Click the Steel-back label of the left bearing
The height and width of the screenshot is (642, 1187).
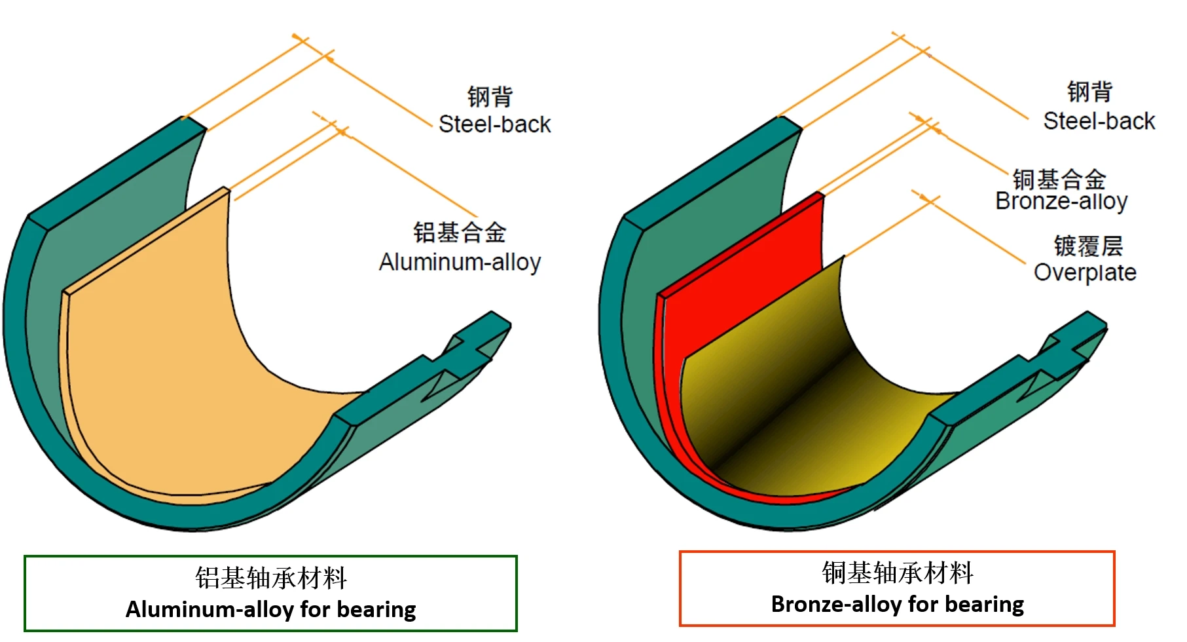pos(494,124)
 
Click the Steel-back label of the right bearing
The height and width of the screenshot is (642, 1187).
pos(1099,121)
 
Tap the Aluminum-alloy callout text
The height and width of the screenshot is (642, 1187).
pos(460,262)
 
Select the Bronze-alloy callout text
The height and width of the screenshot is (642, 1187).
pos(1061,201)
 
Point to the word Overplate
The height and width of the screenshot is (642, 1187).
pos(1085,273)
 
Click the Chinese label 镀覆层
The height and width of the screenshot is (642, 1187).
pos(1088,246)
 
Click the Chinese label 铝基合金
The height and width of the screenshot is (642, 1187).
pos(460,233)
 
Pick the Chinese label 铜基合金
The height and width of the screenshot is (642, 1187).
pos(1059,179)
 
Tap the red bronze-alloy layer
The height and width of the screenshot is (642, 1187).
pos(740,262)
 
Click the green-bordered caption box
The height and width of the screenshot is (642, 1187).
pos(270,594)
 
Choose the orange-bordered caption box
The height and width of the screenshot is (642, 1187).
pos(897,588)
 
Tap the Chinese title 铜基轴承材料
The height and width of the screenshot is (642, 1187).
pos(898,573)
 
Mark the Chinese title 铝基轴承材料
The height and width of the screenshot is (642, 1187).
pos(270,578)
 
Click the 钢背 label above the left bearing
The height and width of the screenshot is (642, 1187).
pos(490,96)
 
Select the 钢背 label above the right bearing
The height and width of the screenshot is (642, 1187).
pos(1089,92)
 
